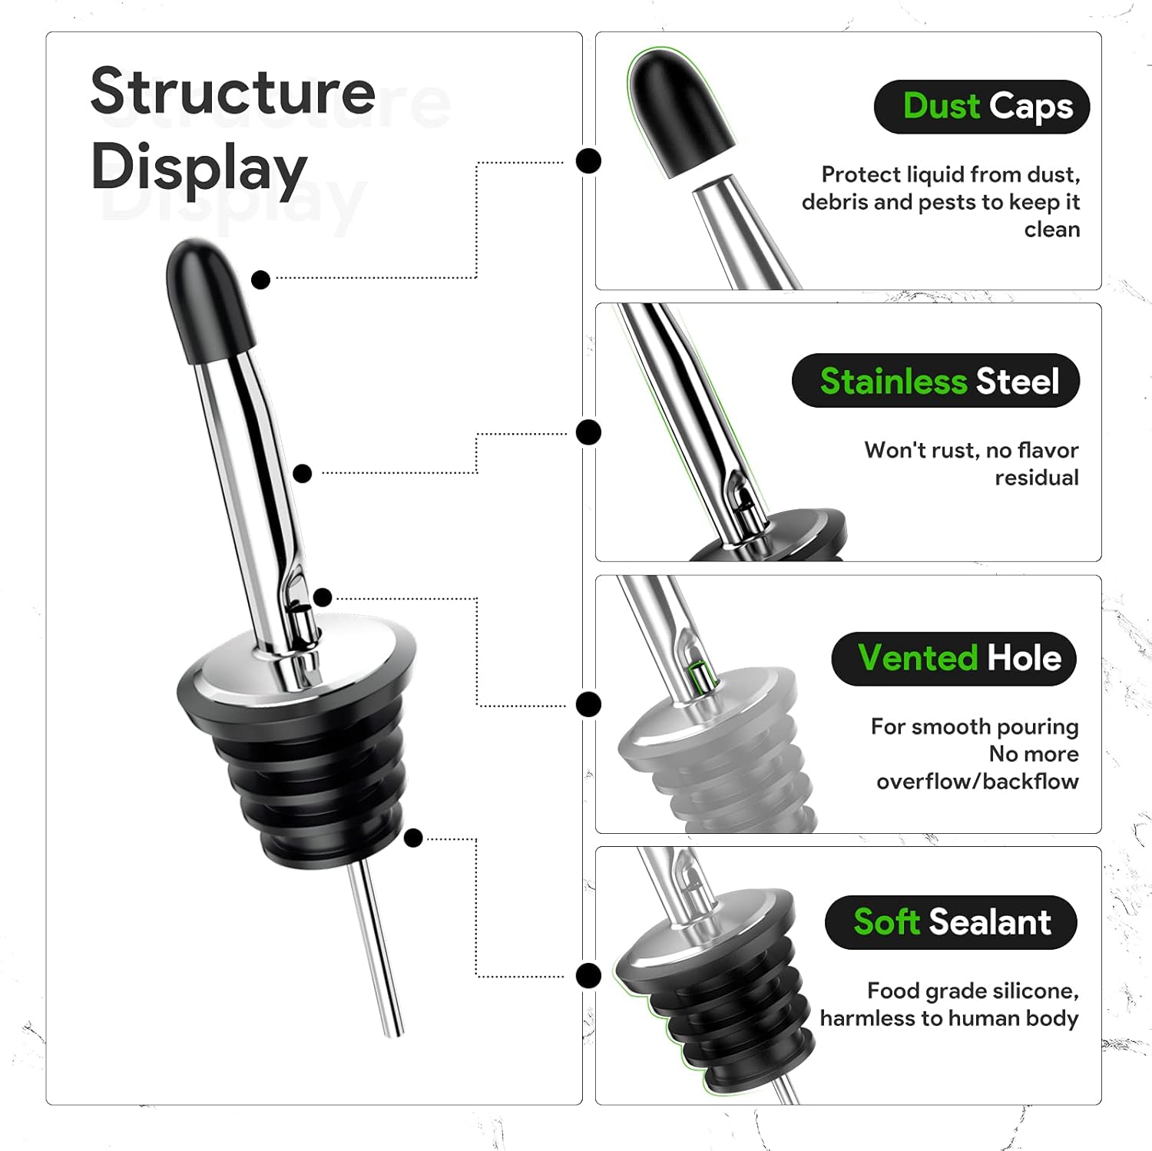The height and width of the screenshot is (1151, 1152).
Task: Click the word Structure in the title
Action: coord(233,91)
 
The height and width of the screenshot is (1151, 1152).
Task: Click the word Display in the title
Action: coord(199,168)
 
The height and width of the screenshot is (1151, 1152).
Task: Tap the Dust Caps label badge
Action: coord(982,107)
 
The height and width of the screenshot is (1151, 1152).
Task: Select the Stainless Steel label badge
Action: coord(935,381)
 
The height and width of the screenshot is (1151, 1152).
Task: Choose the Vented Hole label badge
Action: coord(954,659)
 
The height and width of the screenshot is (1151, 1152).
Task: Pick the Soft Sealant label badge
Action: coord(951,922)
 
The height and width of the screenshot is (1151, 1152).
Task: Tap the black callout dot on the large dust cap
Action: coord(261,279)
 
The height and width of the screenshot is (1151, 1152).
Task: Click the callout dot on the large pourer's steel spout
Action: coord(303,473)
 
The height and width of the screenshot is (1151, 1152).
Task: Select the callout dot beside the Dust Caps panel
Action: coord(588,161)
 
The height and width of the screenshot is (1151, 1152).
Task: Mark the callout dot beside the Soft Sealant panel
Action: coord(588,976)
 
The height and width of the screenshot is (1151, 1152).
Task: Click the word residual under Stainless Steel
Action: coord(1037,478)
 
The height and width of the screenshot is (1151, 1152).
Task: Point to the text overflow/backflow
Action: coord(978,782)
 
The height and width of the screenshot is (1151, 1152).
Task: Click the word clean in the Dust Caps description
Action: coord(1052,230)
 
